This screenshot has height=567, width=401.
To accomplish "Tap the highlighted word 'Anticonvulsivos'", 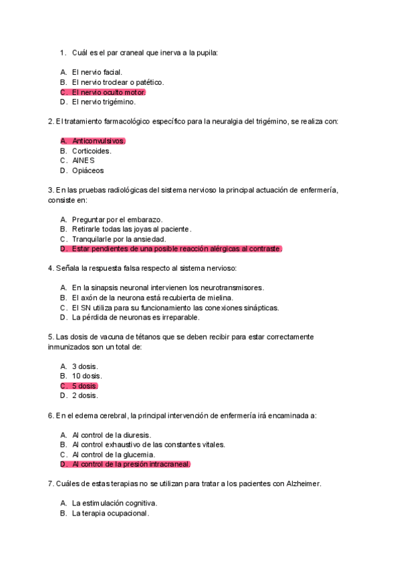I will point(98,141).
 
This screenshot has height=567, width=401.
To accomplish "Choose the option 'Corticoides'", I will point(92,151).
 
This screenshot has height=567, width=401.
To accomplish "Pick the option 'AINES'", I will point(84,160).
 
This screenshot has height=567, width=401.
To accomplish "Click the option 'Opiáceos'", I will point(88,171).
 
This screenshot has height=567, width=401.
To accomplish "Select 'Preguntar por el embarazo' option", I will point(117,219).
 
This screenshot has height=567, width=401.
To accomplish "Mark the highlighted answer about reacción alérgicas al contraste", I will point(176,249).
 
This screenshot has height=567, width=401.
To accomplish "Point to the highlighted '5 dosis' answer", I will point(84,386).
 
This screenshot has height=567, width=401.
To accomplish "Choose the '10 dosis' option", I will point(87,376).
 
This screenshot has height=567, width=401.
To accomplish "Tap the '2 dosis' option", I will point(84,395).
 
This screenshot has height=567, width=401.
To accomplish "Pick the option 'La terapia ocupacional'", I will point(110,514).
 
